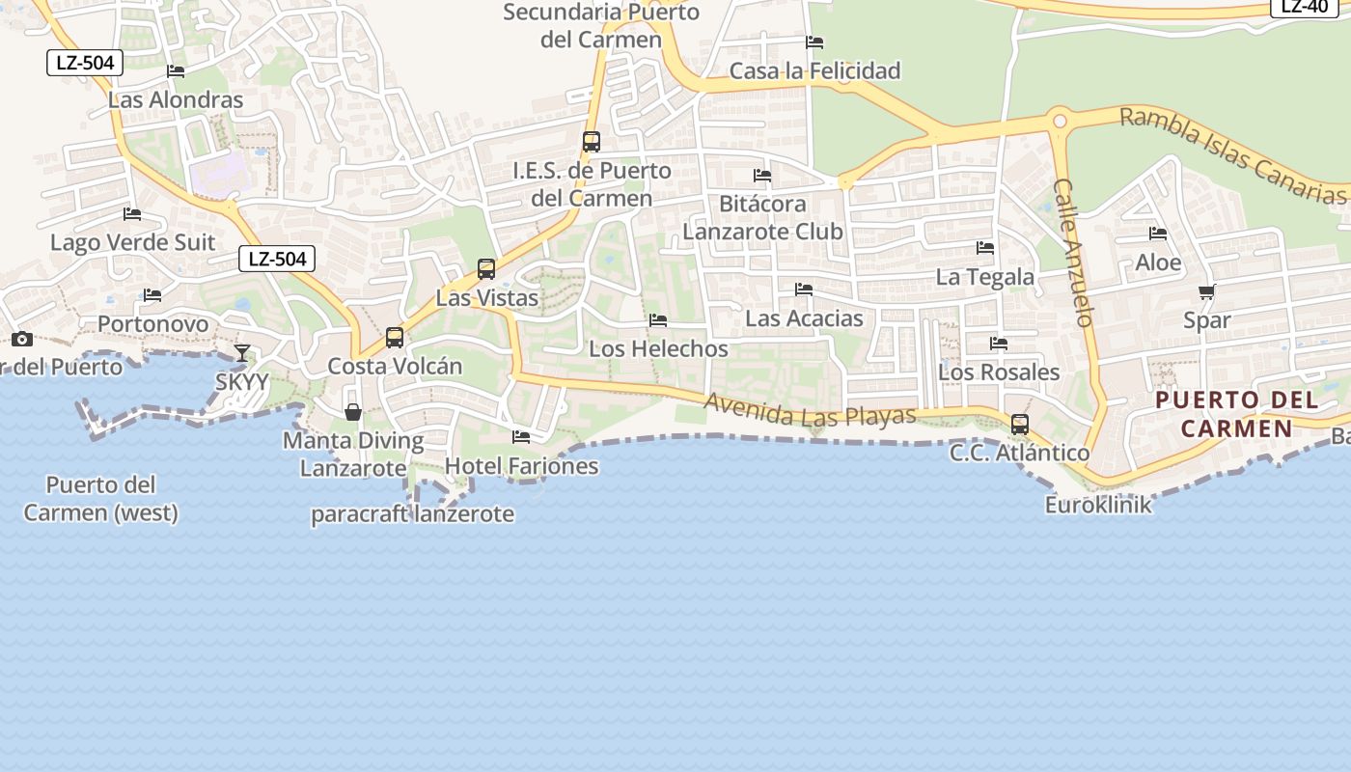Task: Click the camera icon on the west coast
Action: pos(22,339)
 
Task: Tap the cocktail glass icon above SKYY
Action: pos(241,353)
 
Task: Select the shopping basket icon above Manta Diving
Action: pos(353,412)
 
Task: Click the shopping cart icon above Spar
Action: pos(1206,291)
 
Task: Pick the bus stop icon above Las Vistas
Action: pos(486,269)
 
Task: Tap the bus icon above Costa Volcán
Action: pos(395,338)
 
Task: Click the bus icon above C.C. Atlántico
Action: pos(1019,424)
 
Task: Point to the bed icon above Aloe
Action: pos(1158,234)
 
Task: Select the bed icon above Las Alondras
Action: pos(176,71)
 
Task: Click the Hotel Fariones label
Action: pos(521,466)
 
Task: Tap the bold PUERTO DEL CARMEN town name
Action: pos(1236,414)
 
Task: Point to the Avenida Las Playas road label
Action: pos(810,409)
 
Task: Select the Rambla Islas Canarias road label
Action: pos(1232,156)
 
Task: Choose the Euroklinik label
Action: pos(1098,505)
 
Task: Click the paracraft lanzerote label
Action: pos(412,514)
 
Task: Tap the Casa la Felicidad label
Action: pos(814,70)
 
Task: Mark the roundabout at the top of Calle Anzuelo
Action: pos(1060,122)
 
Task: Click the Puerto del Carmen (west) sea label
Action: pos(101,498)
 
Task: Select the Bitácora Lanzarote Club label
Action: pos(762,218)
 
